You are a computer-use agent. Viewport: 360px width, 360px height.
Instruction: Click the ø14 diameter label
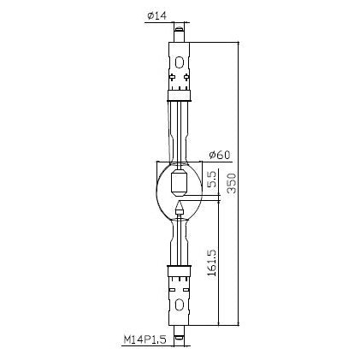156,15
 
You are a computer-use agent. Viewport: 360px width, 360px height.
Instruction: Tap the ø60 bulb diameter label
219,155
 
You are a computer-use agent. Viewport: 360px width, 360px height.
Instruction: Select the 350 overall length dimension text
233,183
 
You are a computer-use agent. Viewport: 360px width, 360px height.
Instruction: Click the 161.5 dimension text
212,263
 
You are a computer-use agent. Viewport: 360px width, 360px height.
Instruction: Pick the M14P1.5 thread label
145,339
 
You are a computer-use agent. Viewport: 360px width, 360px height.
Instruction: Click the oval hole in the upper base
179,62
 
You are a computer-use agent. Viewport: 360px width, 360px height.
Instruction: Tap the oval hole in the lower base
179,304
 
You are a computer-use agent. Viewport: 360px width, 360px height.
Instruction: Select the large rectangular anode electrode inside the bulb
179,183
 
